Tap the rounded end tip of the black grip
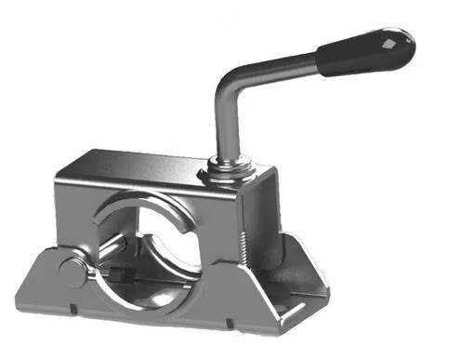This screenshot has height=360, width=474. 407,40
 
